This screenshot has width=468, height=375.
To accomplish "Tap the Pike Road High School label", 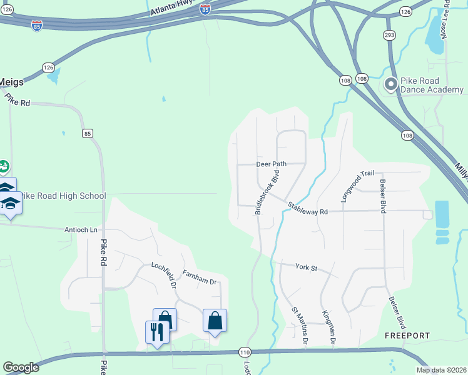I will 63,196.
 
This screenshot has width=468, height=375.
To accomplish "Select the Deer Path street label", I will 271,164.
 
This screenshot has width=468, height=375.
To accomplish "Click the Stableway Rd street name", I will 308,209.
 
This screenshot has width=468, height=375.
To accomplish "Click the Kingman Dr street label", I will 328,327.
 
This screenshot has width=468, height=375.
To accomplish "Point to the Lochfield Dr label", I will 165,274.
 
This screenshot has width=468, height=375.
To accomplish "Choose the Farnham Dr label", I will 199,277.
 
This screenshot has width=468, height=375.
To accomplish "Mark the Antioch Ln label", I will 81,230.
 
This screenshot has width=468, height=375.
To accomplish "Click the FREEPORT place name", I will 407,336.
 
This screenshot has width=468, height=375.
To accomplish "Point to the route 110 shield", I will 245,352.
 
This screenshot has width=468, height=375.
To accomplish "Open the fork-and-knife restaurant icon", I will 156,331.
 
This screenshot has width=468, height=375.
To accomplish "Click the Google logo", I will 21,367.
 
